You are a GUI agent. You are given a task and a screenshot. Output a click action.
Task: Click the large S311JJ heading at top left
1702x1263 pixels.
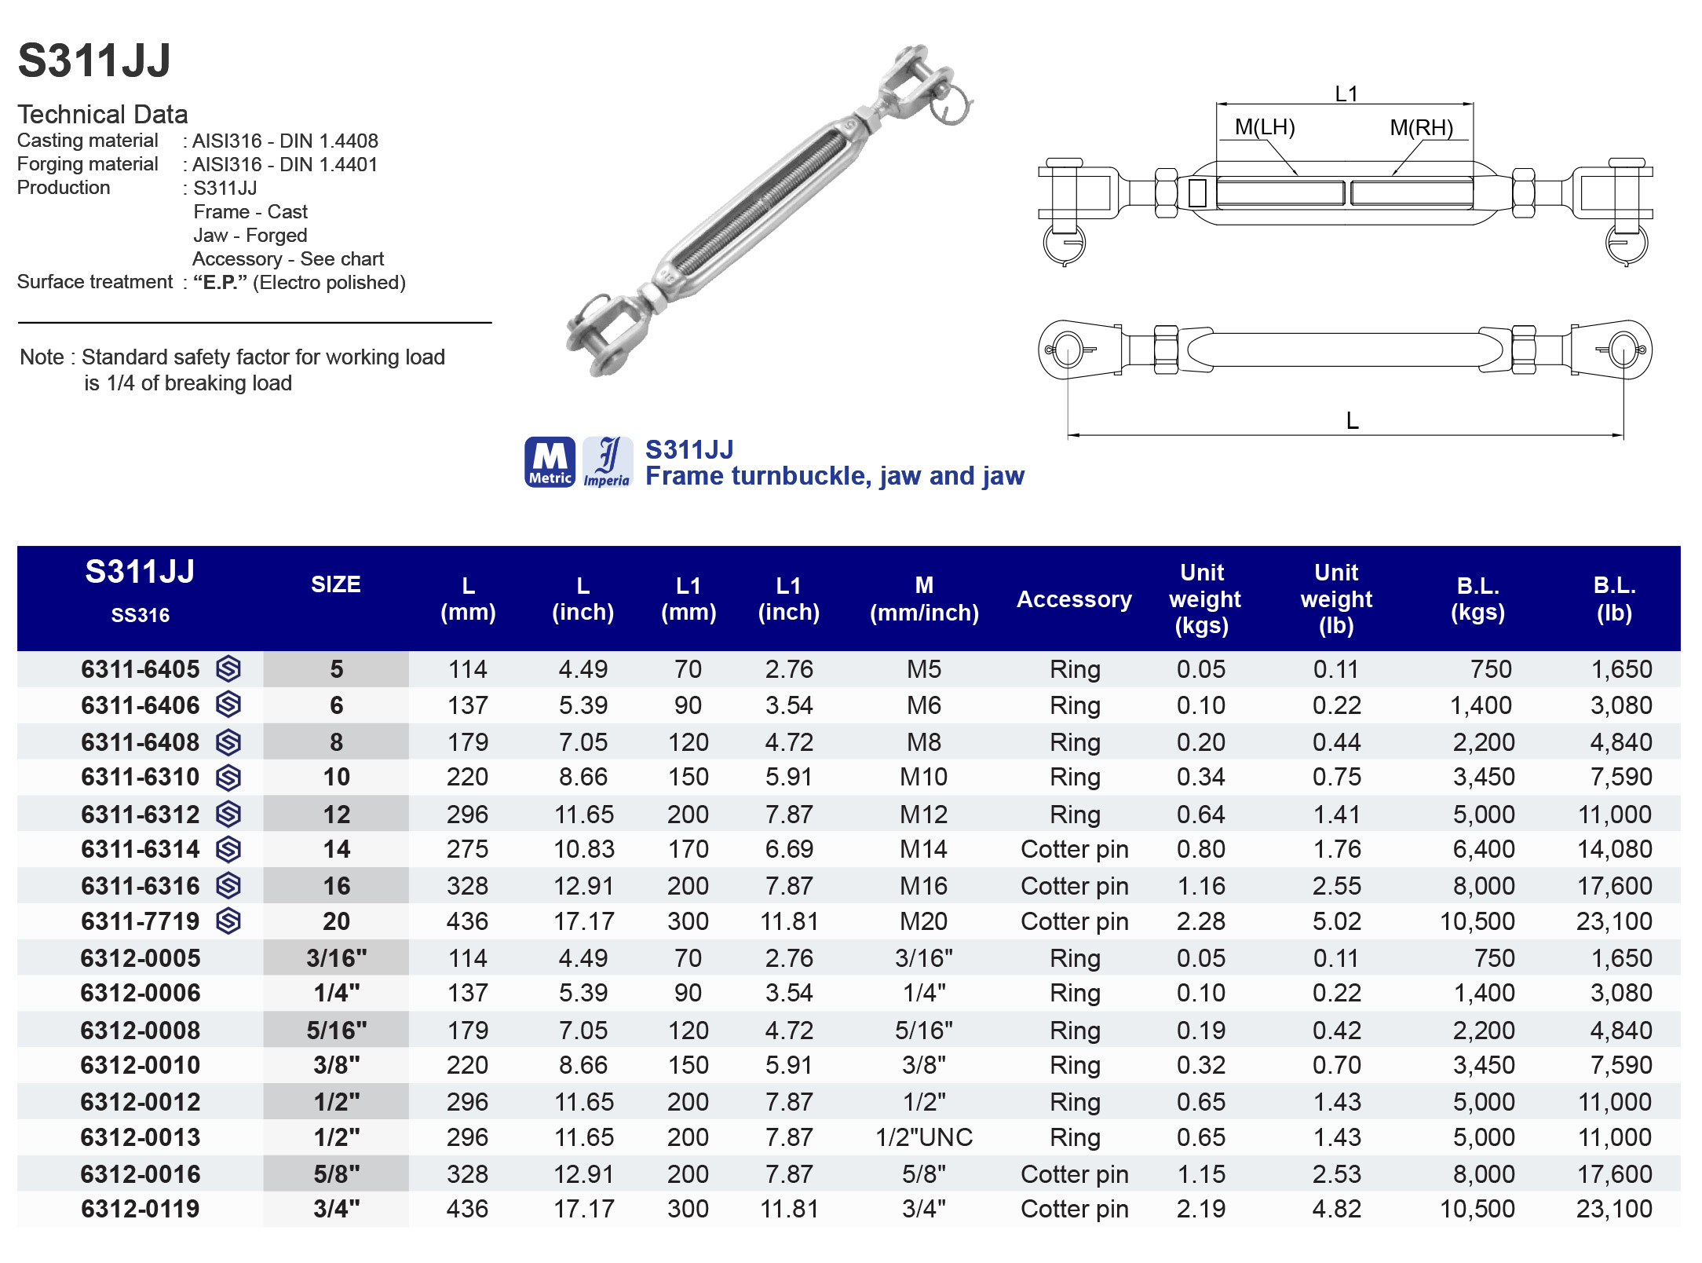point(94,60)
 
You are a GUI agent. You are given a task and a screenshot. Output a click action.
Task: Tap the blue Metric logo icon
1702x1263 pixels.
point(550,462)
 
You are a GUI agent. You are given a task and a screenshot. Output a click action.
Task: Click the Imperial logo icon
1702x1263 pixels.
point(607,462)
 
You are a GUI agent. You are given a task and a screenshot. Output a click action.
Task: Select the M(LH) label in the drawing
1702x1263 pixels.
point(1264,127)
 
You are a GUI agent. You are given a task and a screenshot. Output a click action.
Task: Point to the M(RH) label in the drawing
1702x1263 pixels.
point(1421,127)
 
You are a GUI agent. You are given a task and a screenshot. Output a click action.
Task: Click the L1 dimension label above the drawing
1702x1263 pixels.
point(1346,94)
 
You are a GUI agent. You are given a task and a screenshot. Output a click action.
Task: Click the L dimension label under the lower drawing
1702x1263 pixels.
point(1352,421)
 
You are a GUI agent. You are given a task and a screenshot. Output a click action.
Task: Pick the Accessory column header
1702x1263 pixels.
point(1074,599)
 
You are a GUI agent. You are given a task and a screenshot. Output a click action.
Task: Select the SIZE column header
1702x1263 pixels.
point(336,584)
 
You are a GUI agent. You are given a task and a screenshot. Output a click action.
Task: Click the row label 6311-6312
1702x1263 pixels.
point(141,815)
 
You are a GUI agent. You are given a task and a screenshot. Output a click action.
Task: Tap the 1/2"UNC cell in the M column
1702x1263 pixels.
point(924,1137)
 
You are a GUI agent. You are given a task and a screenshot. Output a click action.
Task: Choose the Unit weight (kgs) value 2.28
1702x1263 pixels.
point(1200,921)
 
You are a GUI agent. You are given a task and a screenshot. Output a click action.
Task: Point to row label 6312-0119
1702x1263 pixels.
point(141,1209)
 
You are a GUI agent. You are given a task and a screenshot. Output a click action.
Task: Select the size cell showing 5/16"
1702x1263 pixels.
point(336,1031)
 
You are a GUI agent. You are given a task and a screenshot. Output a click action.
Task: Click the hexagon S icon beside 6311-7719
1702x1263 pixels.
point(228,921)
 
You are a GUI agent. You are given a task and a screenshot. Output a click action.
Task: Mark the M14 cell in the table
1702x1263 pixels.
point(923,849)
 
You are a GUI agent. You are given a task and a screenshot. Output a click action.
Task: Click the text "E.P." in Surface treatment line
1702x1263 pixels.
point(220,283)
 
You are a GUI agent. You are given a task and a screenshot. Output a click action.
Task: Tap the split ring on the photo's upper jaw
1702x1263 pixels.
point(955,106)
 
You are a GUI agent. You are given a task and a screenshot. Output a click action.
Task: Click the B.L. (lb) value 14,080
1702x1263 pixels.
point(1614,849)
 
